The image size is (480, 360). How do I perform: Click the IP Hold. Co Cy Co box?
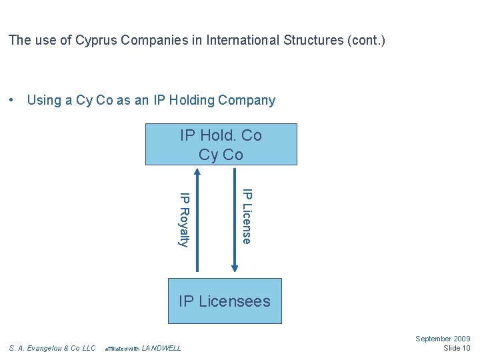(221, 145)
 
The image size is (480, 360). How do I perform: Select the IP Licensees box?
(225, 301)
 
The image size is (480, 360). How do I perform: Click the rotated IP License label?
(247, 216)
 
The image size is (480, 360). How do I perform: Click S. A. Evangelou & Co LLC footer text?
(53, 348)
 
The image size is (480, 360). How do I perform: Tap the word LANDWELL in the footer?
(161, 348)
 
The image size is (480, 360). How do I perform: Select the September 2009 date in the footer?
(443, 339)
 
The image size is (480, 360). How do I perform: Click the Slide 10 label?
(457, 349)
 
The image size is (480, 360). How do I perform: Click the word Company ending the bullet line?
(249, 101)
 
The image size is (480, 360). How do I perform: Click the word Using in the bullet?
(44, 101)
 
